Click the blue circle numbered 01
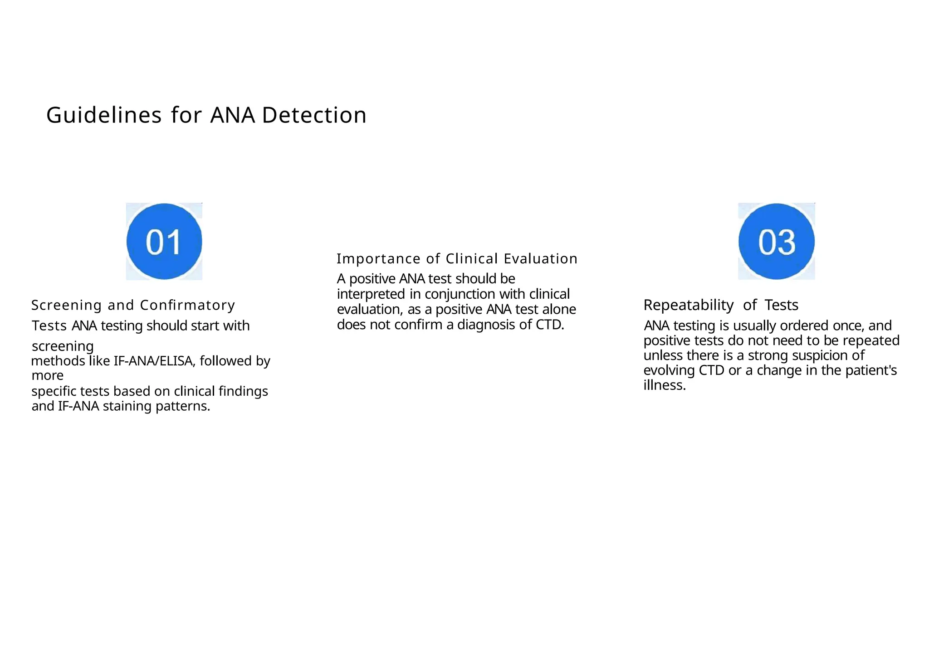pos(164,241)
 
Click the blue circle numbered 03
pos(776,241)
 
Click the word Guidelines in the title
pos(104,115)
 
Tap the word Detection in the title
pos(314,115)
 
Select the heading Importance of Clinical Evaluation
pos(457,259)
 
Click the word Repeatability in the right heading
pos(688,305)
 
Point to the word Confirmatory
pos(187,306)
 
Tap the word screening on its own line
pos(63,346)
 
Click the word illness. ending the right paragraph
pos(664,385)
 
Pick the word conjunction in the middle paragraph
pos(460,294)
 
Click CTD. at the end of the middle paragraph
pos(549,325)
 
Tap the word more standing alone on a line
pos(47,376)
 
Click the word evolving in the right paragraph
pos(669,370)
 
